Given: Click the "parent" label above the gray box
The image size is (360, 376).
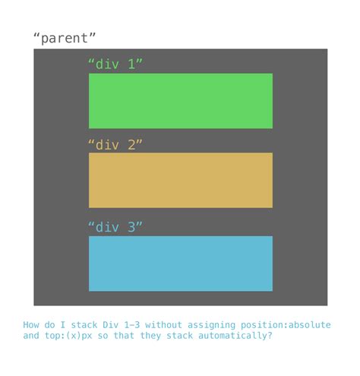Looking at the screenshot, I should [x=65, y=38].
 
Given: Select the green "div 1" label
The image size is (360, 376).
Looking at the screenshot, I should [x=115, y=65].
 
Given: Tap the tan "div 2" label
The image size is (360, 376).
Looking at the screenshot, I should [x=115, y=144].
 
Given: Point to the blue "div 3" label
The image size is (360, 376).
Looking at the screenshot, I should [x=115, y=227].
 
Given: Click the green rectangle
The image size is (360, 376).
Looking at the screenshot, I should [x=180, y=101].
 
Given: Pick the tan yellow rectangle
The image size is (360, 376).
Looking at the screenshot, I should [x=180, y=180].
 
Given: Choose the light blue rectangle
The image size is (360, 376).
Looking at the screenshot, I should [x=180, y=264].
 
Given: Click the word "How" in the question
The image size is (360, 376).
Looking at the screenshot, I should [x=32, y=324].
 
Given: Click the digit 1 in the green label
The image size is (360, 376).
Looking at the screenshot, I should [x=131, y=65].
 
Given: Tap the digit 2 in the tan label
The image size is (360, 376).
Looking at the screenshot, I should [x=131, y=144].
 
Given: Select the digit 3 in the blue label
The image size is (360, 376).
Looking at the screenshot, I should [x=131, y=227].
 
